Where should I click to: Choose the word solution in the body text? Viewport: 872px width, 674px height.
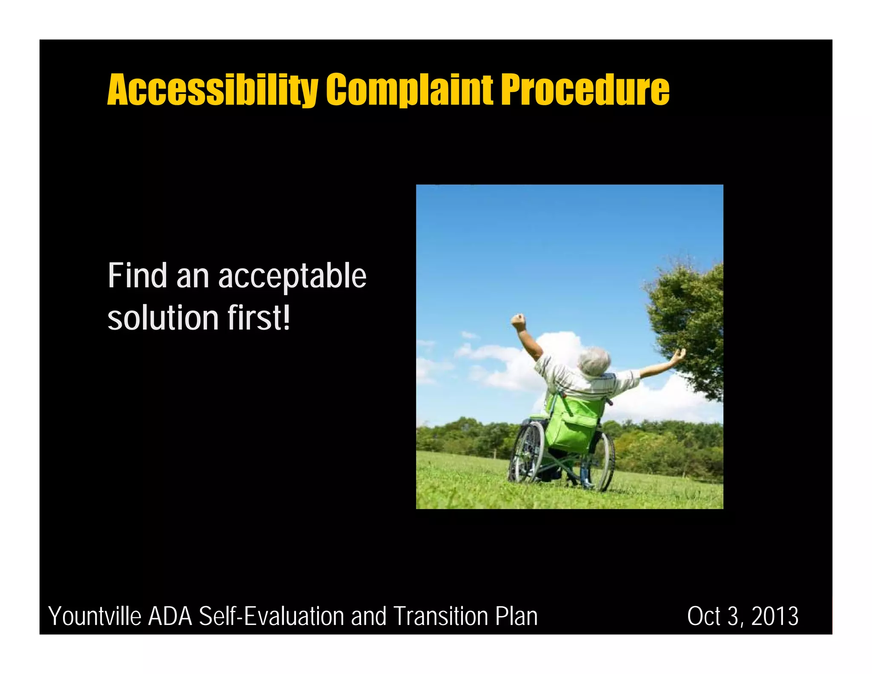coord(163,318)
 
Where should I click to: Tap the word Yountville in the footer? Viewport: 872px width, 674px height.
coord(95,616)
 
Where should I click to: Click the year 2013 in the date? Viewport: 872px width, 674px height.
coord(774,616)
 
